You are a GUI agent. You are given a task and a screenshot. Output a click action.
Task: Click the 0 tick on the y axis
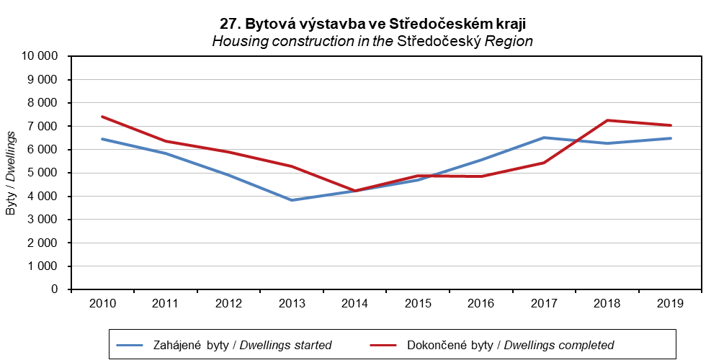pos(61,289)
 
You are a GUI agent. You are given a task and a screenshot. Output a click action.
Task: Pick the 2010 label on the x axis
pos(102,303)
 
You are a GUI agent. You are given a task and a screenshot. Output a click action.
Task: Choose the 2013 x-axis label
pos(292,303)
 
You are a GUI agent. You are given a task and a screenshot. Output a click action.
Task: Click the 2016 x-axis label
pos(481,303)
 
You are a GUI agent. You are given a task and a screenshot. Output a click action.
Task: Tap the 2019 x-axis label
pos(671,303)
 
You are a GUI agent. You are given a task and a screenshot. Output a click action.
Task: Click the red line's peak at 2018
pos(608,120)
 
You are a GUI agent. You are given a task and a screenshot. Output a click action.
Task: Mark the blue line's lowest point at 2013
pos(292,200)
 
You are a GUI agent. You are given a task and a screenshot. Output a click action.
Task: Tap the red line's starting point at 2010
pos(102,117)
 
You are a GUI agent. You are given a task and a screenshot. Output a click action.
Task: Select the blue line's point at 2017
pos(545,138)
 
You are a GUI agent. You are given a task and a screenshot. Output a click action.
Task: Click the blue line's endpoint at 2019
pos(671,138)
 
